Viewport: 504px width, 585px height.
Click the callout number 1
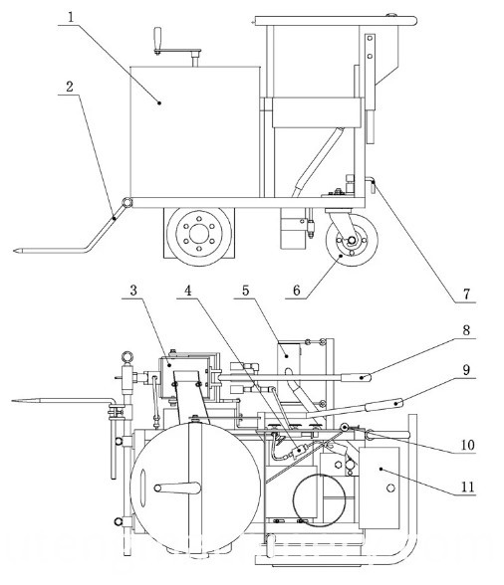(72, 17)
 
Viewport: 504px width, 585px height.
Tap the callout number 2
(70, 87)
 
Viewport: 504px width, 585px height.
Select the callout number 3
(133, 291)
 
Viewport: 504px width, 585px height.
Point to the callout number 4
(188, 291)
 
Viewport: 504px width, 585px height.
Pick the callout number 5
(245, 291)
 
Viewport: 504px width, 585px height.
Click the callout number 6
(297, 291)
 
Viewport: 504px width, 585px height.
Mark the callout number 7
(466, 294)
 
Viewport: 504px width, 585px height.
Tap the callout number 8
(466, 330)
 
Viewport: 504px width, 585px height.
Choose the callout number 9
(466, 370)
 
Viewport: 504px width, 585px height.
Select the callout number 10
(468, 445)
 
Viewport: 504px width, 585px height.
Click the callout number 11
(468, 487)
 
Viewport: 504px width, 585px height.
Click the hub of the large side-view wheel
(199, 234)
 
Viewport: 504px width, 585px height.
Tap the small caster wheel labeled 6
(352, 240)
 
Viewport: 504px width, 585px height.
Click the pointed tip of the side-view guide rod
(14, 251)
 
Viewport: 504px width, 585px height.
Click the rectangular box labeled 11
(378, 487)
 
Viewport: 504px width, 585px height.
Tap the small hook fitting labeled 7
(371, 184)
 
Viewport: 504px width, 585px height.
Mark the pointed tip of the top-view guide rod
(13, 401)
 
